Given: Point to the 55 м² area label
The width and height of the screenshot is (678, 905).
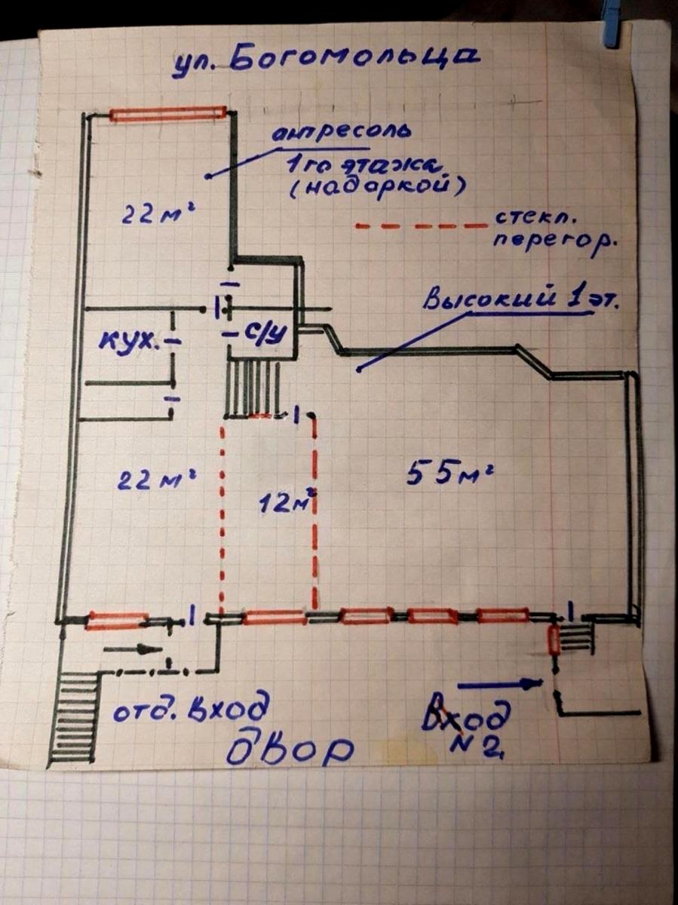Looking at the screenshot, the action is coord(449,474).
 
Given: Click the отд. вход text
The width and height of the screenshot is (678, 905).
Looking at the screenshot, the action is coord(189,708).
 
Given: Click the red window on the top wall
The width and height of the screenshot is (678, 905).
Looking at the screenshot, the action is coord(168,114).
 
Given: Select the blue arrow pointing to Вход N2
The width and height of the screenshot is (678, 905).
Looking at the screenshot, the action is coord(500,683).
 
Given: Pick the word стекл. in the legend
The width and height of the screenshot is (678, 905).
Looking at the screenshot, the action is coord(533,219).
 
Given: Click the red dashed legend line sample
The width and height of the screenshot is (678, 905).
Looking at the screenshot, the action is coord(420,225).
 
